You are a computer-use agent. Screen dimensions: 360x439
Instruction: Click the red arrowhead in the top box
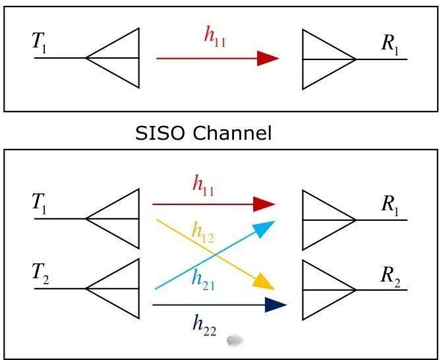pos(268,59)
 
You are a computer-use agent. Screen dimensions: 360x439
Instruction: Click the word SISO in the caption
pos(161,133)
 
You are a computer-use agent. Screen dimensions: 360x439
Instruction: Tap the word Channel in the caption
pos(232,133)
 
